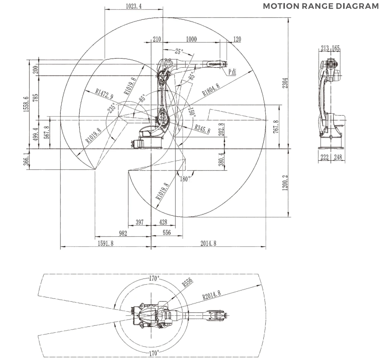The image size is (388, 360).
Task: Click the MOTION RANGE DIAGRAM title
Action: point(321,6)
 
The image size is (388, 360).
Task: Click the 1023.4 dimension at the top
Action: point(134,6)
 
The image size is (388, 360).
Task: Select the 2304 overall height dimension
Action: point(285,83)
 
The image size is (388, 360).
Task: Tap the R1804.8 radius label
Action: point(211,90)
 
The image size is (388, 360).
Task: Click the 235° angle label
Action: point(111,108)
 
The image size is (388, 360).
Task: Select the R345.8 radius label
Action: point(202,129)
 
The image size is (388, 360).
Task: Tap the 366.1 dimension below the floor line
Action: point(27,159)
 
